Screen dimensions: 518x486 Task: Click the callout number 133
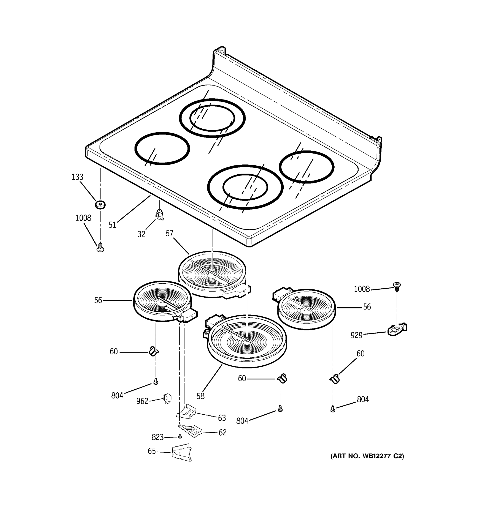(x=78, y=177)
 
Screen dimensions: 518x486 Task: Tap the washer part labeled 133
(x=100, y=205)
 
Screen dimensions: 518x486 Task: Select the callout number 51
(x=112, y=225)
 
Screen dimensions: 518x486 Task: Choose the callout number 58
(x=200, y=396)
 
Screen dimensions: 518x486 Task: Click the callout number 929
(x=356, y=335)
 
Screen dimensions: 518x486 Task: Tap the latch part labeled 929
(x=397, y=330)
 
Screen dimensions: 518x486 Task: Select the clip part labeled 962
(x=167, y=399)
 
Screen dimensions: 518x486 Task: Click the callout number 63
(x=222, y=418)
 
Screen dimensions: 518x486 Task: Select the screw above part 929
(x=397, y=287)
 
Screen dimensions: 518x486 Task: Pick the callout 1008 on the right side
(x=362, y=289)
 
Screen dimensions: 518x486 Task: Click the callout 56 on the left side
(x=98, y=300)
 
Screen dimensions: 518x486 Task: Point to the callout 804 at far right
(x=363, y=400)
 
